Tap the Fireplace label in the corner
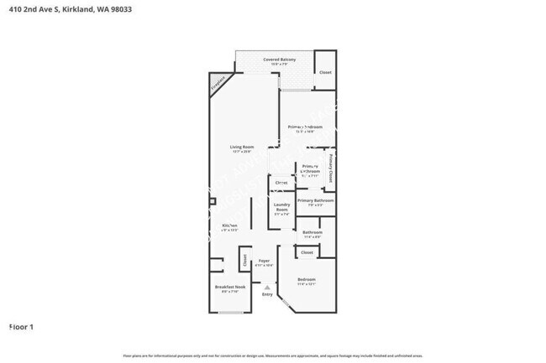(x=219, y=86)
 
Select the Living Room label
(x=243, y=148)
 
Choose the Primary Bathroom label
(x=316, y=201)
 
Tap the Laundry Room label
(x=281, y=209)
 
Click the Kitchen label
(x=229, y=226)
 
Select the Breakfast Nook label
(x=228, y=288)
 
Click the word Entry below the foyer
(x=267, y=294)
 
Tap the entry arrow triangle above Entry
(x=267, y=285)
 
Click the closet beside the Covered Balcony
(x=325, y=72)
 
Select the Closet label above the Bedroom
(x=307, y=252)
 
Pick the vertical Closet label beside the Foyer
(x=245, y=261)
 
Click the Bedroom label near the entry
(x=307, y=280)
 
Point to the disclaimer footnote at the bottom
(x=273, y=355)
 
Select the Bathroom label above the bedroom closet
(x=312, y=232)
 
